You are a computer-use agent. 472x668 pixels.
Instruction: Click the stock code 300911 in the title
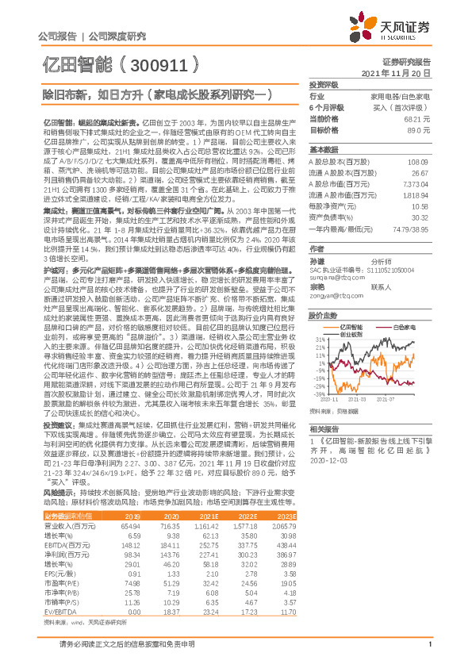click(164, 64)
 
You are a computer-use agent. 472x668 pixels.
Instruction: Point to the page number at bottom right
click(428, 653)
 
